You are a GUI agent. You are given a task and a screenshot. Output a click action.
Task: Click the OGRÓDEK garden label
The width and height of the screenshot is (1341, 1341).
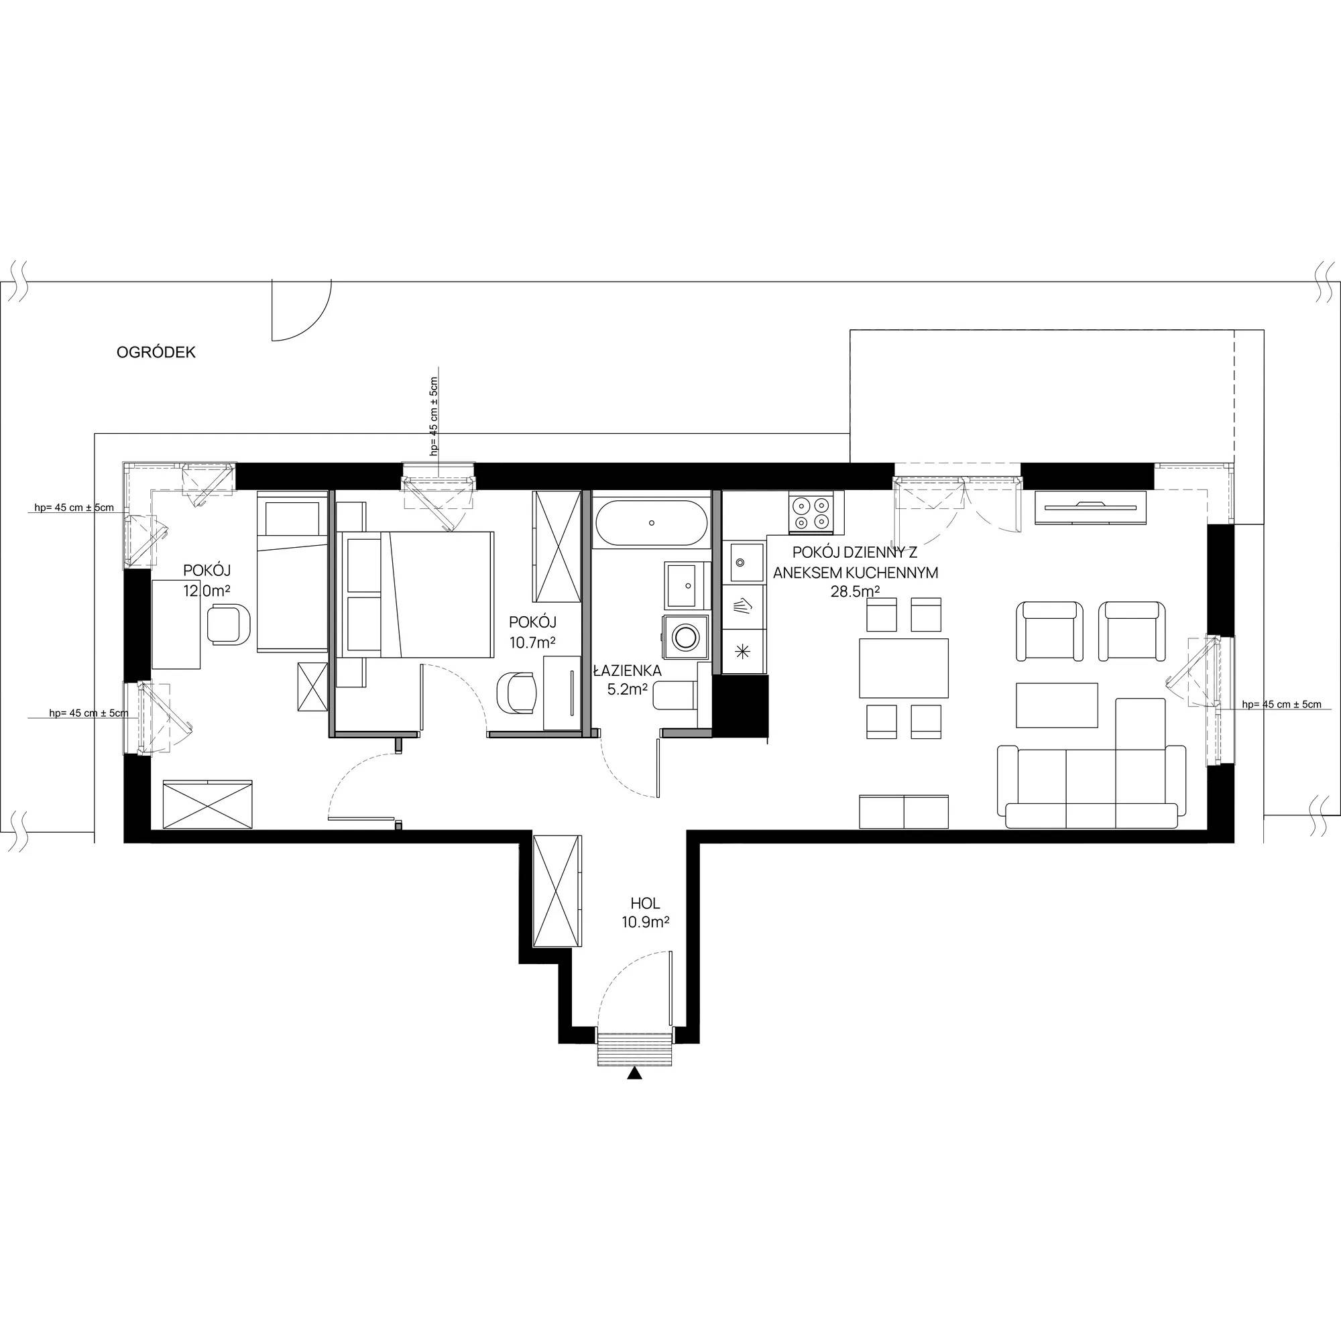pyautogui.click(x=156, y=353)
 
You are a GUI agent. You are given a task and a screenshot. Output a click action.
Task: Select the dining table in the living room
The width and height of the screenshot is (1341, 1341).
pyautogui.click(x=904, y=668)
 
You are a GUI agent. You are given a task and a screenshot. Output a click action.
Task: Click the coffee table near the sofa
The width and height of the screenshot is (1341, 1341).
pyautogui.click(x=1057, y=705)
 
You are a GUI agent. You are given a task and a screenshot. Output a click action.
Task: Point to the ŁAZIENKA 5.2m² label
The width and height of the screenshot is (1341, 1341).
pyautogui.click(x=626, y=680)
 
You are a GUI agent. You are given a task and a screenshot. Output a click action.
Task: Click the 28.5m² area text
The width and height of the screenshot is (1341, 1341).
pyautogui.click(x=855, y=591)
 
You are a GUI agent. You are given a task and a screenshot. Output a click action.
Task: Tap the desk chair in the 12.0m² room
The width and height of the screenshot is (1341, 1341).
pyautogui.click(x=229, y=625)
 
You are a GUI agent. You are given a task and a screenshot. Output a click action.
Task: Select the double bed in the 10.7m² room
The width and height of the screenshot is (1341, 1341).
pyautogui.click(x=414, y=593)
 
